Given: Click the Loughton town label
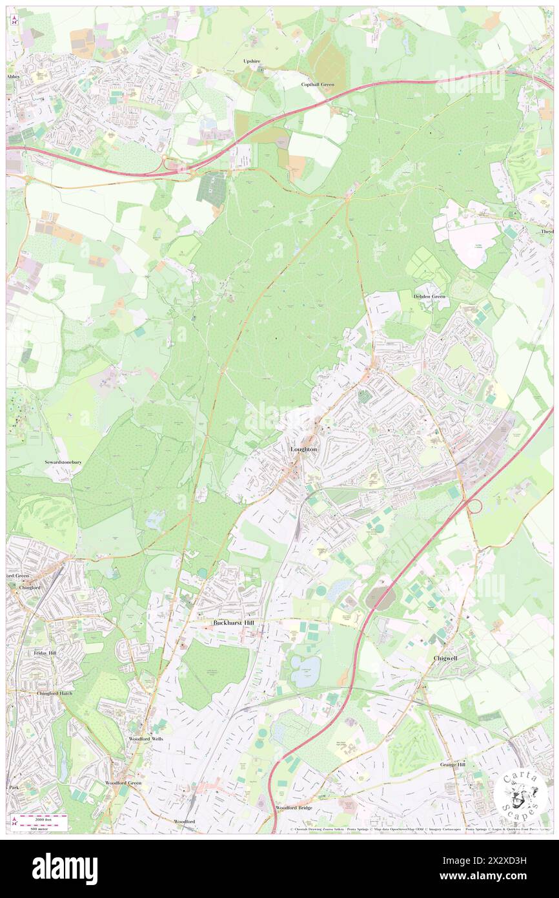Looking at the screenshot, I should [303, 449].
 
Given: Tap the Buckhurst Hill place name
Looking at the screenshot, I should [236, 623].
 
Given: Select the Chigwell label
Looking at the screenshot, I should [446, 657].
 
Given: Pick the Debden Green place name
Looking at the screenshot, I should [429, 297].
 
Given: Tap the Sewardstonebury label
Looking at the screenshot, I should [63, 463].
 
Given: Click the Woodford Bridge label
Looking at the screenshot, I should [294, 808].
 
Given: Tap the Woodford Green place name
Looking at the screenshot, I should [125, 782].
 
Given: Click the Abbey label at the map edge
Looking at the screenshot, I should [14, 76].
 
